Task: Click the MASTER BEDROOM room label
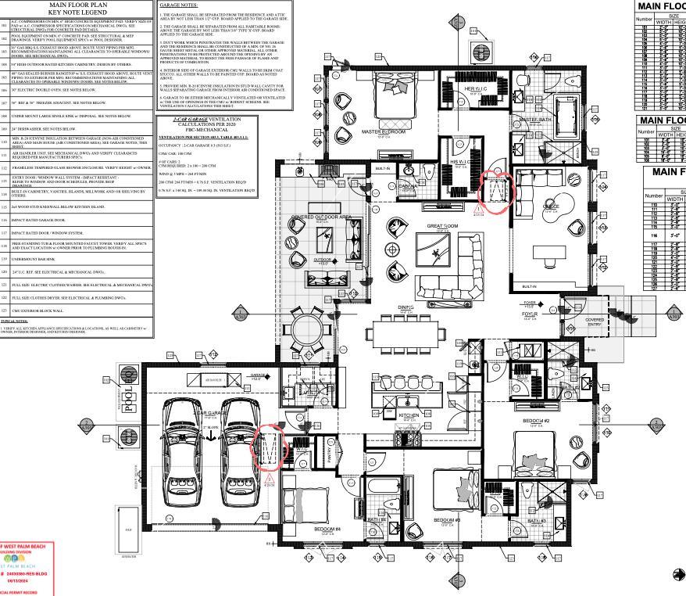coord(384,132)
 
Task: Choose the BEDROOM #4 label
coord(327,529)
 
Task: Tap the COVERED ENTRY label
coord(595,321)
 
